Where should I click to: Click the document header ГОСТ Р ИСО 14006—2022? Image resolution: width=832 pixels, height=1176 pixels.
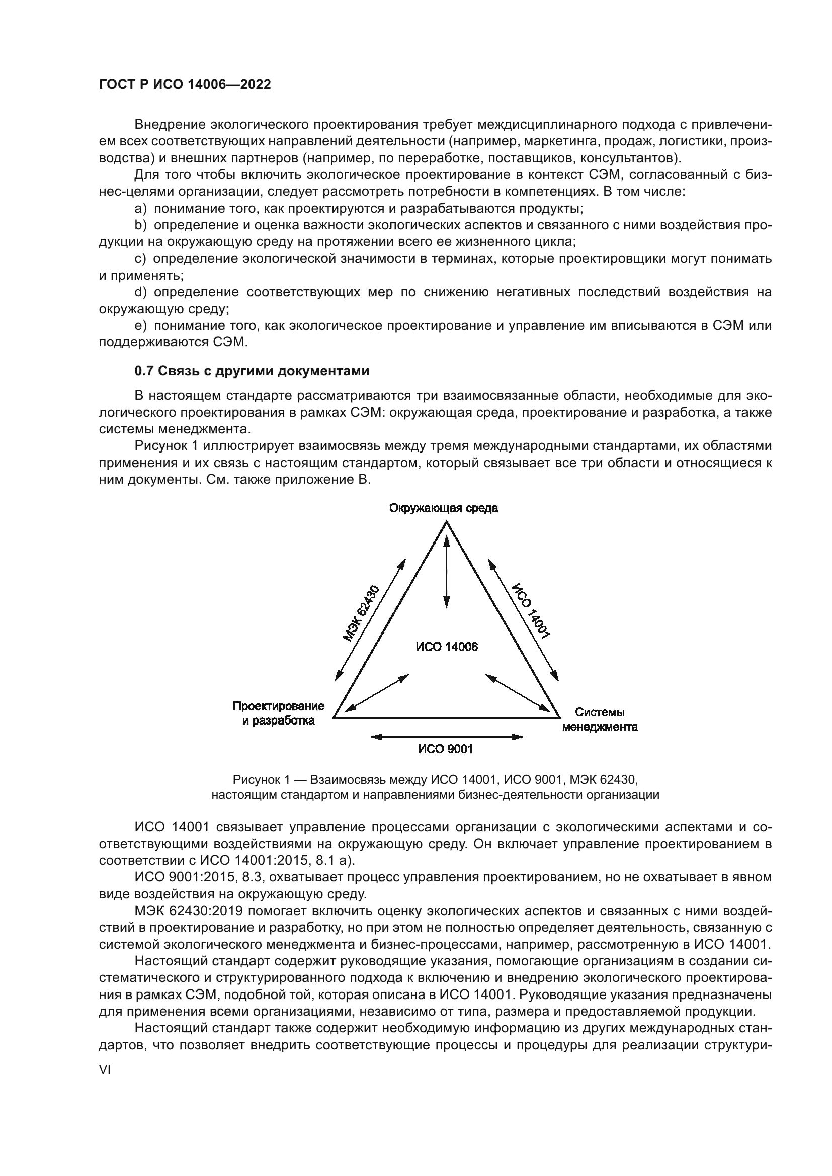pos(185,85)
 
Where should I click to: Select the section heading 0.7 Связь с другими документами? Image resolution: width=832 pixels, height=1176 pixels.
pos(252,371)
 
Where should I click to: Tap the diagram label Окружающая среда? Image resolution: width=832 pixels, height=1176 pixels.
pos(443,508)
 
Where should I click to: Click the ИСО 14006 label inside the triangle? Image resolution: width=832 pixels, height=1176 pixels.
pos(446,647)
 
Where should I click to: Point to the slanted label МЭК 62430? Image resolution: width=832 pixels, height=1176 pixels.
pos(361,613)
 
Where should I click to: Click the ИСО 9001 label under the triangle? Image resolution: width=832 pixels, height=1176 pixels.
pos(445,749)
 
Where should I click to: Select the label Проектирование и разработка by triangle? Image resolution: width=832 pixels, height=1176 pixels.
pos(278,713)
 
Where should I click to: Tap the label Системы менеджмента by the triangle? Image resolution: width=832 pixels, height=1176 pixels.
pos(600,719)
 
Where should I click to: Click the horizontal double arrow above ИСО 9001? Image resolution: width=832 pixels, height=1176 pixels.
pos(446,737)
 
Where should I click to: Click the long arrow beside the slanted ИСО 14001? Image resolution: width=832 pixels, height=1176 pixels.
pos(523,619)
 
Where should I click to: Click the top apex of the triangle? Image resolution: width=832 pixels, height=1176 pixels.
pos(447,522)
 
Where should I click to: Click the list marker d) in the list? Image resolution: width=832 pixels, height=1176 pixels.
pos(140,293)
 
